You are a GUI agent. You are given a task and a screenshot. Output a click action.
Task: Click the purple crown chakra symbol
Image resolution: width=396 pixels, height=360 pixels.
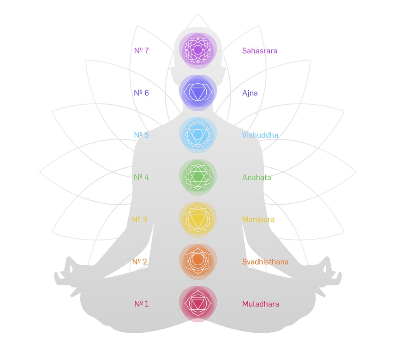198,50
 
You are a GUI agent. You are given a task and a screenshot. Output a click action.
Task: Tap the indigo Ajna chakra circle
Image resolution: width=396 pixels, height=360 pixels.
198,92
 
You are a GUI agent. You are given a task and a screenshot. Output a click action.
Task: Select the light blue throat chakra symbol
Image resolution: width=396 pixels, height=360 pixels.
198,135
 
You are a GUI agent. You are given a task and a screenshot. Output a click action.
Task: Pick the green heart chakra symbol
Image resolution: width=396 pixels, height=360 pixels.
198,177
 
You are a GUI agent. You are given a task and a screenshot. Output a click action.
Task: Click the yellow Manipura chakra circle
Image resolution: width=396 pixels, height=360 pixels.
198,219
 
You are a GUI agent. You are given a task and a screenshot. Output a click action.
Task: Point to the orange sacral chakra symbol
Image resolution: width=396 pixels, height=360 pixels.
198,261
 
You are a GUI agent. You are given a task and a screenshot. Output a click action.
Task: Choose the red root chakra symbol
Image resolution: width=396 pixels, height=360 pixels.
198,304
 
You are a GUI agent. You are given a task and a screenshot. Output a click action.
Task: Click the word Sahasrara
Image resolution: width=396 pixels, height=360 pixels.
260,51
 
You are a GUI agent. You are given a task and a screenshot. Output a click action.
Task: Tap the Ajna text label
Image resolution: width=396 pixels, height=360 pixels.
250,93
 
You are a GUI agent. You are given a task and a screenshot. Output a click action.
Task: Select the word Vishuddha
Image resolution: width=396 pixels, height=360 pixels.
260,135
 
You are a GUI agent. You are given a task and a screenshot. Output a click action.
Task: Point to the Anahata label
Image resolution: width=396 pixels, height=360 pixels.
257,177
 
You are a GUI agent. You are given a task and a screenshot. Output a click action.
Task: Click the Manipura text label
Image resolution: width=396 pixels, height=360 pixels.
258,219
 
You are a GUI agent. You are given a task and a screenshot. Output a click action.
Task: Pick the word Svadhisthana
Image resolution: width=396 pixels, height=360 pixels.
265,262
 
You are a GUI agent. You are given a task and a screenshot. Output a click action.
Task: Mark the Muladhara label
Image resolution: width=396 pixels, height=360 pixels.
261,304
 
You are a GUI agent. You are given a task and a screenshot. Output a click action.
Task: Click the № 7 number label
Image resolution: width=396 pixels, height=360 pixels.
141,51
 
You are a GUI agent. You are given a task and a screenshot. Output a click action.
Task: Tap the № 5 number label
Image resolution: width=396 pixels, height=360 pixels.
141,135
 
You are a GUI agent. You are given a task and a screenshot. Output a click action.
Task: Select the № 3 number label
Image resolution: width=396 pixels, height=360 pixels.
140,219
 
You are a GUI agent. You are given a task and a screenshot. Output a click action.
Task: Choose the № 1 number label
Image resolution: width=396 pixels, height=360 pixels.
141,304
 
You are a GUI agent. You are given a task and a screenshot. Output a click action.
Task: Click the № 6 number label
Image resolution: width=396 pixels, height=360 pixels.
141,93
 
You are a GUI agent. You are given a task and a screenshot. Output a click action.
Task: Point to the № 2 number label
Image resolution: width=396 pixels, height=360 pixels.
140,262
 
